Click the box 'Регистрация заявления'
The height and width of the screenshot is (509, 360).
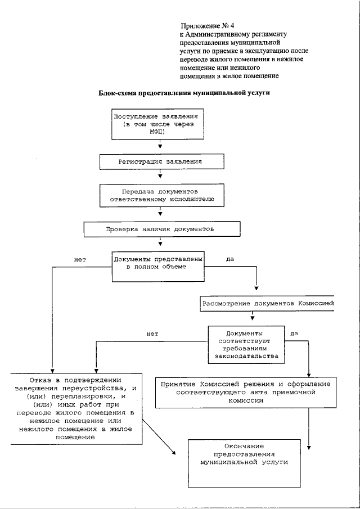click(160, 161)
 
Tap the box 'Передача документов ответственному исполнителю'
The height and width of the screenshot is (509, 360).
click(160, 195)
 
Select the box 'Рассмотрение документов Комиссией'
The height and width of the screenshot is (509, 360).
click(267, 303)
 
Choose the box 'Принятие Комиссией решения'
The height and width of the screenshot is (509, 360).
click(253, 392)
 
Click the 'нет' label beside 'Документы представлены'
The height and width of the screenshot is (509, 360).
click(80, 260)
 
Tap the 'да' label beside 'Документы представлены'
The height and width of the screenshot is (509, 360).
click(229, 260)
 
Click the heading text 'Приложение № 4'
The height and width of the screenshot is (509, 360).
click(203, 26)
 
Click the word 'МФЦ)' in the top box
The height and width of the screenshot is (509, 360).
click(160, 131)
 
